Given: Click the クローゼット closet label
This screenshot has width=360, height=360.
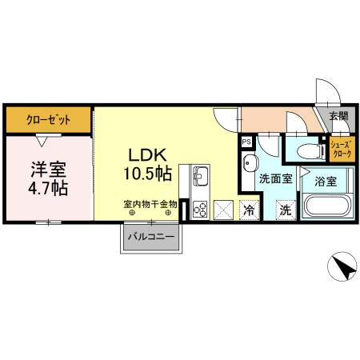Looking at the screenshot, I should coord(48,119).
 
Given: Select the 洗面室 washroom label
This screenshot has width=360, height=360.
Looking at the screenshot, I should coord(274,181).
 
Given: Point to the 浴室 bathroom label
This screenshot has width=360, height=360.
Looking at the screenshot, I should coord(325,182).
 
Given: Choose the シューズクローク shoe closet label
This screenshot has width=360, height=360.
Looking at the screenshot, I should coord(342,149).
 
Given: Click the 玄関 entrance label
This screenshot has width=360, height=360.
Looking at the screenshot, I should coord(338,116).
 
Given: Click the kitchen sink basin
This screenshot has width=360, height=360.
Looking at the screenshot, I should coord(199,176).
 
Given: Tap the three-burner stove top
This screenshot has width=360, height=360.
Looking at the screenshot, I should coord(199,210).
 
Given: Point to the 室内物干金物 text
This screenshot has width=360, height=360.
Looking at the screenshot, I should coord(150,204).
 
